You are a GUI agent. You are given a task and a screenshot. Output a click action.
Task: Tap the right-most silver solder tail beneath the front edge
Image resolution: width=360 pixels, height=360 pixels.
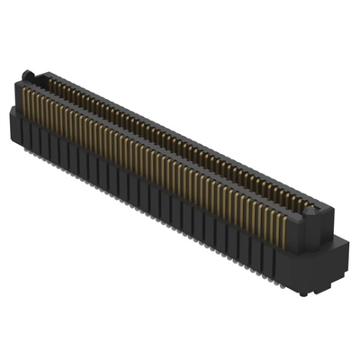coord(290,286)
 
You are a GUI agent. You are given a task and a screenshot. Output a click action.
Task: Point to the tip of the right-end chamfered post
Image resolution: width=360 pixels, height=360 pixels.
coord(315,205)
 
